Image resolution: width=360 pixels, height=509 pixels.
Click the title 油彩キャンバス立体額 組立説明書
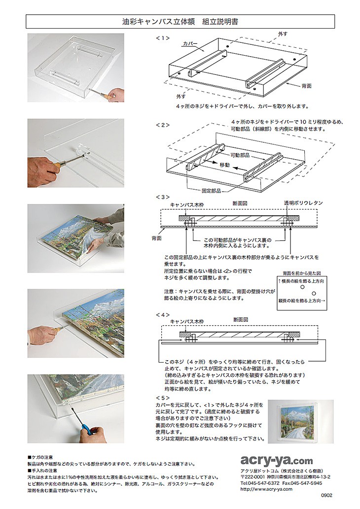[180, 22]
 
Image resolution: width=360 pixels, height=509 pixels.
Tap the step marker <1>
[162, 37]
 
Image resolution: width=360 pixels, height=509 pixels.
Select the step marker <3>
[162, 197]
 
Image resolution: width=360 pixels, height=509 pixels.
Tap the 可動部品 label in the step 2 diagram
[242, 154]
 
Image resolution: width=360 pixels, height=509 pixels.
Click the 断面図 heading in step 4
[240, 320]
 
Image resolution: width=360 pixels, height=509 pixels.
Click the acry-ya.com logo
[276, 460]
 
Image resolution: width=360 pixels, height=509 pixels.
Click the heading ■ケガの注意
[43, 458]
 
